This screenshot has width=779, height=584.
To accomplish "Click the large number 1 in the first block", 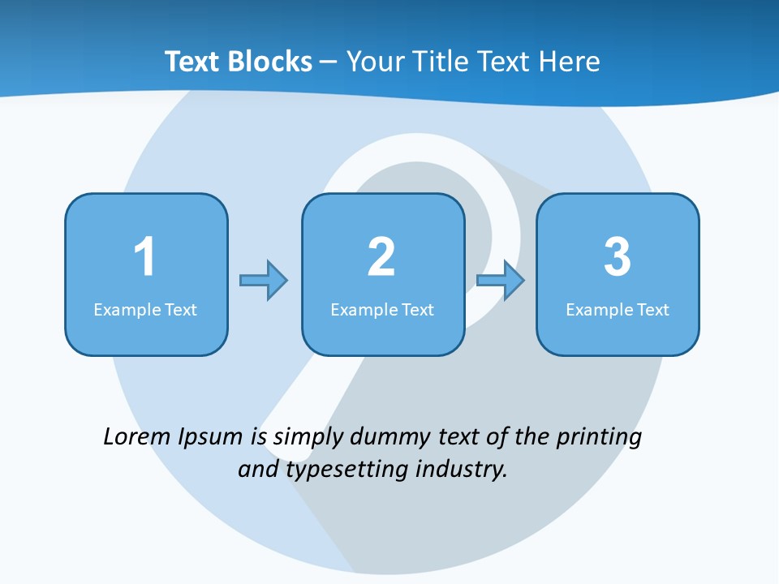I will [144, 257].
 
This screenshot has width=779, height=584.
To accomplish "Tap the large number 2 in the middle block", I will [381, 257].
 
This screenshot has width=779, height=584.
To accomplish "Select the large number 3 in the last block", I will [618, 257].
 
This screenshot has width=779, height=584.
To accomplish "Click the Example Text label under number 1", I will [145, 309].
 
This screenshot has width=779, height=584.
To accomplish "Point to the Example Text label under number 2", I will [382, 309].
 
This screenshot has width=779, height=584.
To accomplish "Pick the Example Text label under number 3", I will [618, 309].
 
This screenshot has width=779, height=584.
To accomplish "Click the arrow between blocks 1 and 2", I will [264, 281].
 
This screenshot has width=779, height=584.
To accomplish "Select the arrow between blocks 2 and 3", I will [501, 281].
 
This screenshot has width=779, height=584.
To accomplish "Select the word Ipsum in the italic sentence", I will [210, 438].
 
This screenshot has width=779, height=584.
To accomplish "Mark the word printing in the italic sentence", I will [598, 438].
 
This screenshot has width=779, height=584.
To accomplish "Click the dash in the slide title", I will [329, 62].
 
